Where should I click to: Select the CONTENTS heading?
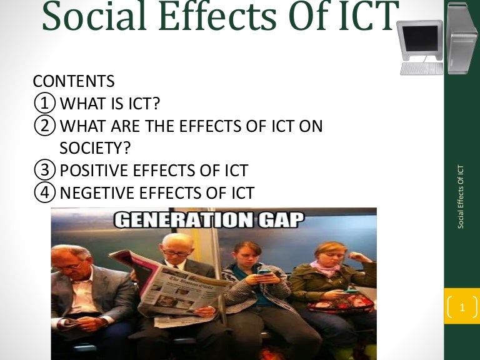pyautogui.click(x=73, y=81)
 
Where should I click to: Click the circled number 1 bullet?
pyautogui.click(x=45, y=103)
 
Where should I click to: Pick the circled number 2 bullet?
pyautogui.click(x=45, y=126)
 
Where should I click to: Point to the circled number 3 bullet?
pyautogui.click(x=45, y=169)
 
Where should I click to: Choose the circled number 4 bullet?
pyautogui.click(x=45, y=192)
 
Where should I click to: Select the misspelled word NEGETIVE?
pyautogui.click(x=102, y=192)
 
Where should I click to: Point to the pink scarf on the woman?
pyautogui.click(x=329, y=267)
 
